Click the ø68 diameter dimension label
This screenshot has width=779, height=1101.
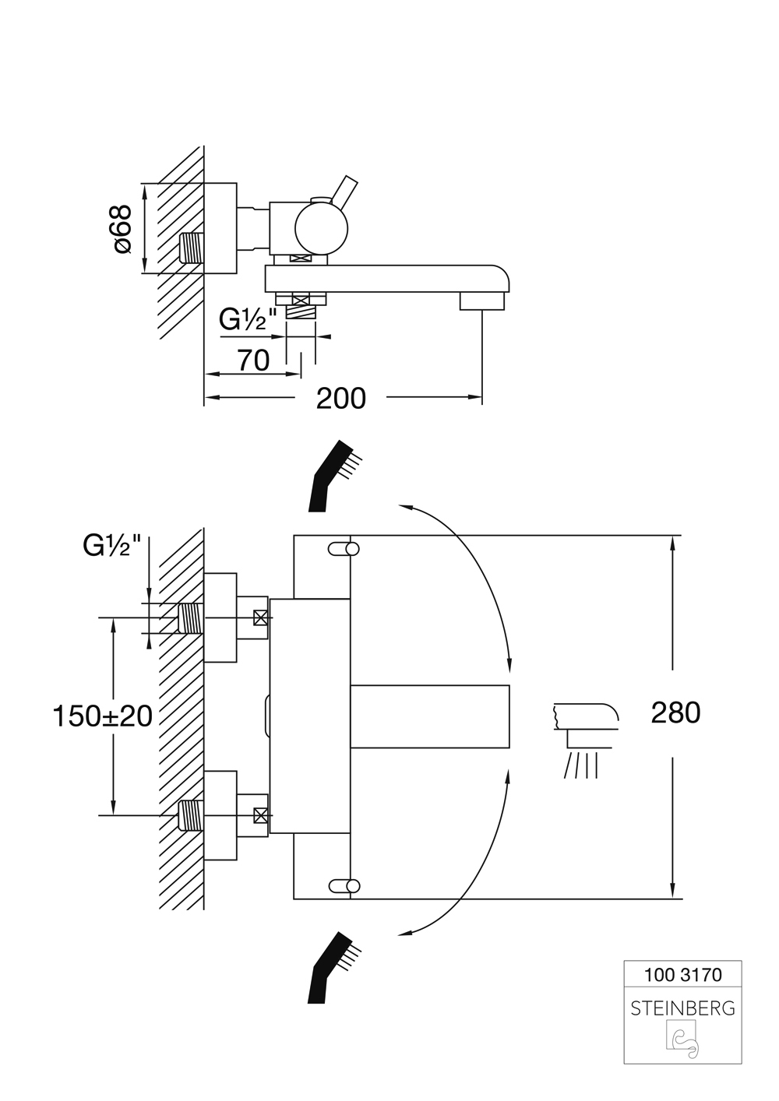tap(122, 229)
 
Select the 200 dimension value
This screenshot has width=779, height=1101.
tap(340, 399)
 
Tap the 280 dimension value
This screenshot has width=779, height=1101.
tap(675, 712)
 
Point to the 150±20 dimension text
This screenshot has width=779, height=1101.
tap(102, 716)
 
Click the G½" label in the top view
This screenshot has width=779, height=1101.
tap(248, 320)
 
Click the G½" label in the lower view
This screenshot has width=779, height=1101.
tap(112, 546)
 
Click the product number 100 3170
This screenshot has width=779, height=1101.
tap(682, 974)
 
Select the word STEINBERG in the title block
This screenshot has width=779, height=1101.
tap(682, 1008)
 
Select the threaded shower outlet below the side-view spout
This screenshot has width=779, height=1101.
tap(301, 311)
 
